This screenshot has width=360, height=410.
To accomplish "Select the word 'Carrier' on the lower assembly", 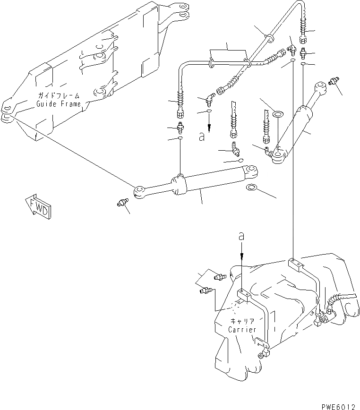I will click(242, 329).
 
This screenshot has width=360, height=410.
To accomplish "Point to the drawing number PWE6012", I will click(339, 405).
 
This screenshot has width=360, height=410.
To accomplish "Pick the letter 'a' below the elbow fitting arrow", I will click(202, 137).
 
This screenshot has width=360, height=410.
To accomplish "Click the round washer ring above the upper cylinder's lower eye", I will click(277, 114).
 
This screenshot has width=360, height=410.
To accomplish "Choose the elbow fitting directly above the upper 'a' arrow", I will click(208, 100).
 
